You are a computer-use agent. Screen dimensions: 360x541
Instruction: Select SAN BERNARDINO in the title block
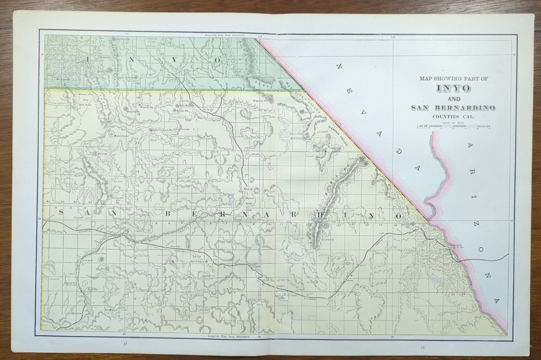[453, 108]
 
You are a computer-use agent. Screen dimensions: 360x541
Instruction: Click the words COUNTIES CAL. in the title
[453, 116]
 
